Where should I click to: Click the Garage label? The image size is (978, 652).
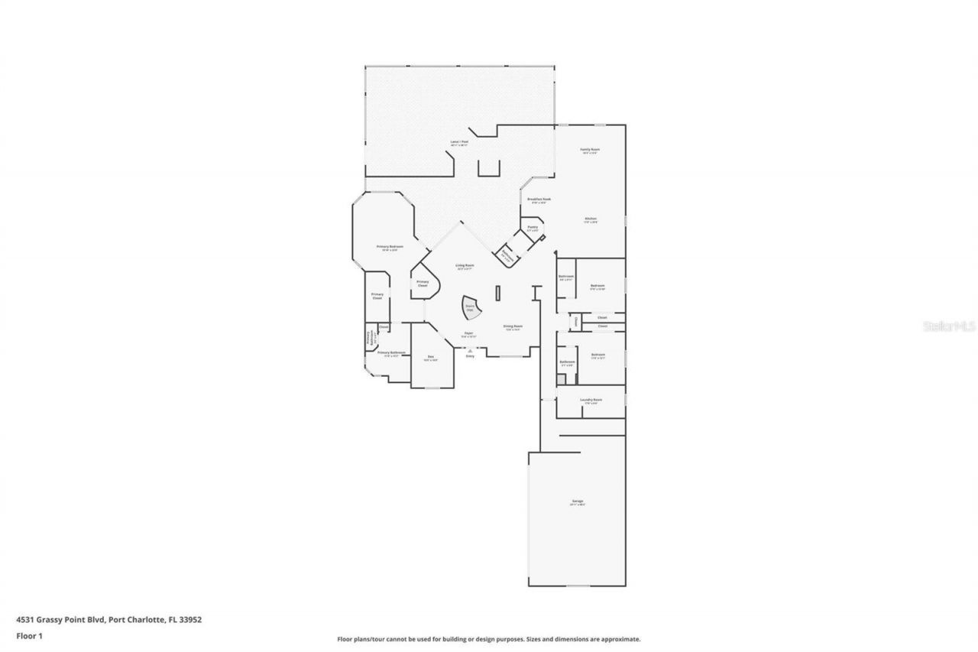577,501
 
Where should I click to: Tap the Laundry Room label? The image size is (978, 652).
591,400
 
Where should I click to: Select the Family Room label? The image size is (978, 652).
589,150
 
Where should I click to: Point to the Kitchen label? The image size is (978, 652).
591,219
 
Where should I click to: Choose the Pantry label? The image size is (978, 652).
533,227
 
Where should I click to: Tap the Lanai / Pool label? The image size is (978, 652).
458,143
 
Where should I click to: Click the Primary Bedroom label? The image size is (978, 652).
389,247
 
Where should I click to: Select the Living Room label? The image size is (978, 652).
465,266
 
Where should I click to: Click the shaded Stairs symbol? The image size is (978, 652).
471,308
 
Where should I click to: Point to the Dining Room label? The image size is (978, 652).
512,326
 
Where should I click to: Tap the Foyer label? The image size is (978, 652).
468,334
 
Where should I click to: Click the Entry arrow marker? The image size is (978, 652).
470,350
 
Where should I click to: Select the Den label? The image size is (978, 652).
431,357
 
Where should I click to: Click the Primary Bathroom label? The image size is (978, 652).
390,353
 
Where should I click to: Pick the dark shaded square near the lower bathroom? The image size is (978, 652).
561,378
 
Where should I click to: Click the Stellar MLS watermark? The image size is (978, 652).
950,326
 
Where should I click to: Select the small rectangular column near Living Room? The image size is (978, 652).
497,293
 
